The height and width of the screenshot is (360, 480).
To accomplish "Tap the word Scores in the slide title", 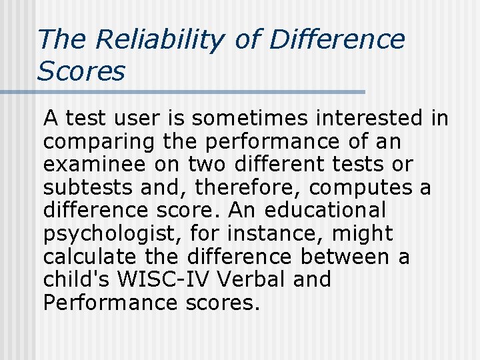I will click(x=81, y=71).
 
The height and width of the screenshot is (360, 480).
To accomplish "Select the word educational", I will click(x=325, y=211).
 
